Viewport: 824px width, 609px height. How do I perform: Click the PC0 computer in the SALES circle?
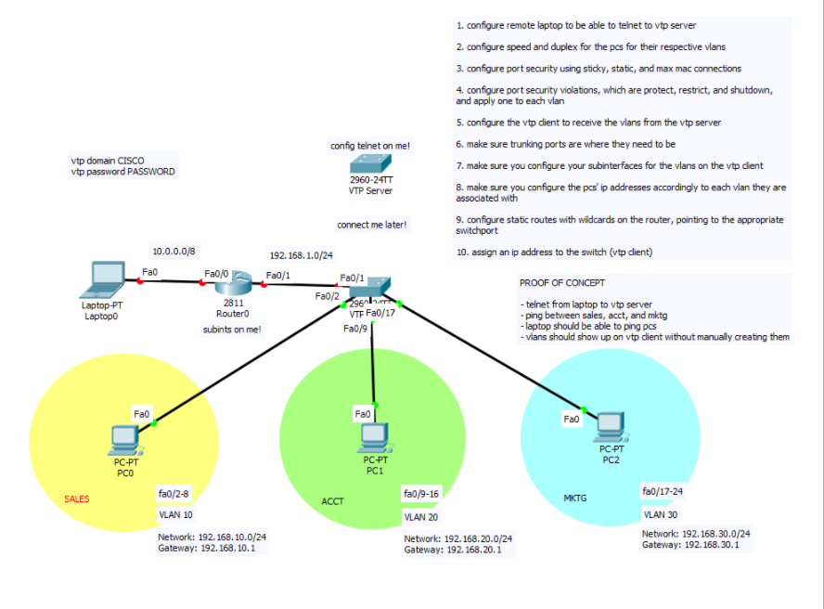(x=124, y=437)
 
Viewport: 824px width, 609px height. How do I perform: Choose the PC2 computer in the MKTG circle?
(x=610, y=426)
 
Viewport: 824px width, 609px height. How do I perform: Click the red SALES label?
(x=77, y=499)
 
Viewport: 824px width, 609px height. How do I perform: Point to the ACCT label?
(x=332, y=501)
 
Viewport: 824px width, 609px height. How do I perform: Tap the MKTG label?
(x=575, y=499)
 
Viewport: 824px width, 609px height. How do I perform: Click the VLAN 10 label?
(x=175, y=514)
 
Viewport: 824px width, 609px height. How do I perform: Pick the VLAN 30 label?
(x=660, y=513)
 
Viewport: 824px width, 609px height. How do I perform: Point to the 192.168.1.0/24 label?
(x=301, y=255)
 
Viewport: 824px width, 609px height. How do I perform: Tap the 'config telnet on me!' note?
(x=370, y=146)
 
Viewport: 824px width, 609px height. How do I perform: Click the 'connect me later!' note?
(x=371, y=225)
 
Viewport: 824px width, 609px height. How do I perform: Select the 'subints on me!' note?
(x=232, y=329)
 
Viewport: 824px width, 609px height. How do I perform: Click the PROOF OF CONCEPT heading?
(x=563, y=282)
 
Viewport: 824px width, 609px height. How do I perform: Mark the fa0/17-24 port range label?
(x=663, y=490)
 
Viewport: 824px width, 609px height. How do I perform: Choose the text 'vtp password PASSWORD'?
(x=122, y=172)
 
